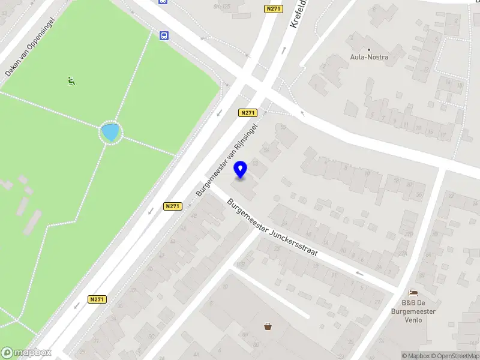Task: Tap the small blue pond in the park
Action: [110, 132]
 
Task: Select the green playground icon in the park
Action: [71, 80]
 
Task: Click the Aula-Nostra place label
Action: [369, 58]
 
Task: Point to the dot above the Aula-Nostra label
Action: [369, 49]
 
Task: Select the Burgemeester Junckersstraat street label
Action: [271, 228]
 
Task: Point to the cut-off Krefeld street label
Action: [298, 13]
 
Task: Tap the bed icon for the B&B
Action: [413, 293]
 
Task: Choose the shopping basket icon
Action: [268, 326]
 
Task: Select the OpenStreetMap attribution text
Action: [454, 356]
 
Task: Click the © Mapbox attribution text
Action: [416, 356]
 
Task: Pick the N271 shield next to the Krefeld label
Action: [272, 9]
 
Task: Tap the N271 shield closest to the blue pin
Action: [247, 113]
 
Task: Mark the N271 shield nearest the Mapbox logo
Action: [97, 299]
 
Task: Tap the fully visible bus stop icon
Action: [164, 35]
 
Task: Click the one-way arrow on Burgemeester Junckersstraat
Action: [359, 274]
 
